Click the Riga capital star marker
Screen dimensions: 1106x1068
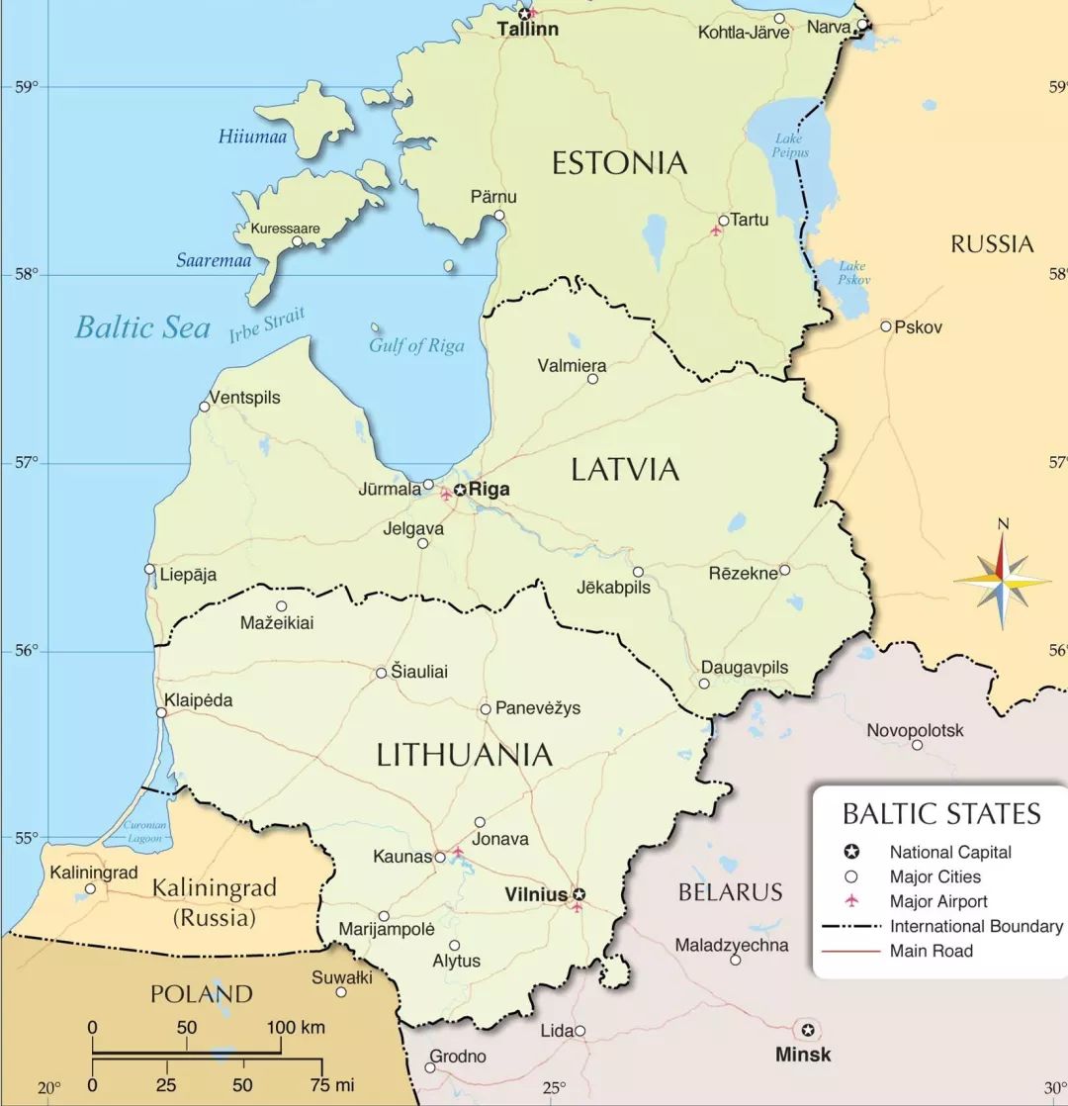click(460, 490)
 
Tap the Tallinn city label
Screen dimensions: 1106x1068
click(527, 30)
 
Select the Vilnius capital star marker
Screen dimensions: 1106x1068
click(579, 894)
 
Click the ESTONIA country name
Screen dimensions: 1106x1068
click(619, 163)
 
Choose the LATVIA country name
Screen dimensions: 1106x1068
click(625, 470)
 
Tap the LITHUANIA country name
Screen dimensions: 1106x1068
click(464, 756)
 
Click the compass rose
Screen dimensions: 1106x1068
click(1002, 581)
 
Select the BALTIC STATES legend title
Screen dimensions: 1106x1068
click(940, 813)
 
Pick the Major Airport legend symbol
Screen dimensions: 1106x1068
click(851, 901)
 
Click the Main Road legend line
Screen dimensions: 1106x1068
click(850, 951)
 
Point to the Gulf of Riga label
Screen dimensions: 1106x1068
click(416, 346)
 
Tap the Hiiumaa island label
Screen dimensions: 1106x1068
click(252, 138)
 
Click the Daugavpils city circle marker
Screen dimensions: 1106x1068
click(704, 684)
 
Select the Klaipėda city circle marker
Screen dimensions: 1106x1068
click(161, 712)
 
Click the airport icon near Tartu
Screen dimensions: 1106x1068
click(716, 231)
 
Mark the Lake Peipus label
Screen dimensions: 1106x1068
click(790, 145)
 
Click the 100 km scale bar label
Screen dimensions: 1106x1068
click(295, 1027)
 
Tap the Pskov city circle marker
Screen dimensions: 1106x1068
click(886, 326)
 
